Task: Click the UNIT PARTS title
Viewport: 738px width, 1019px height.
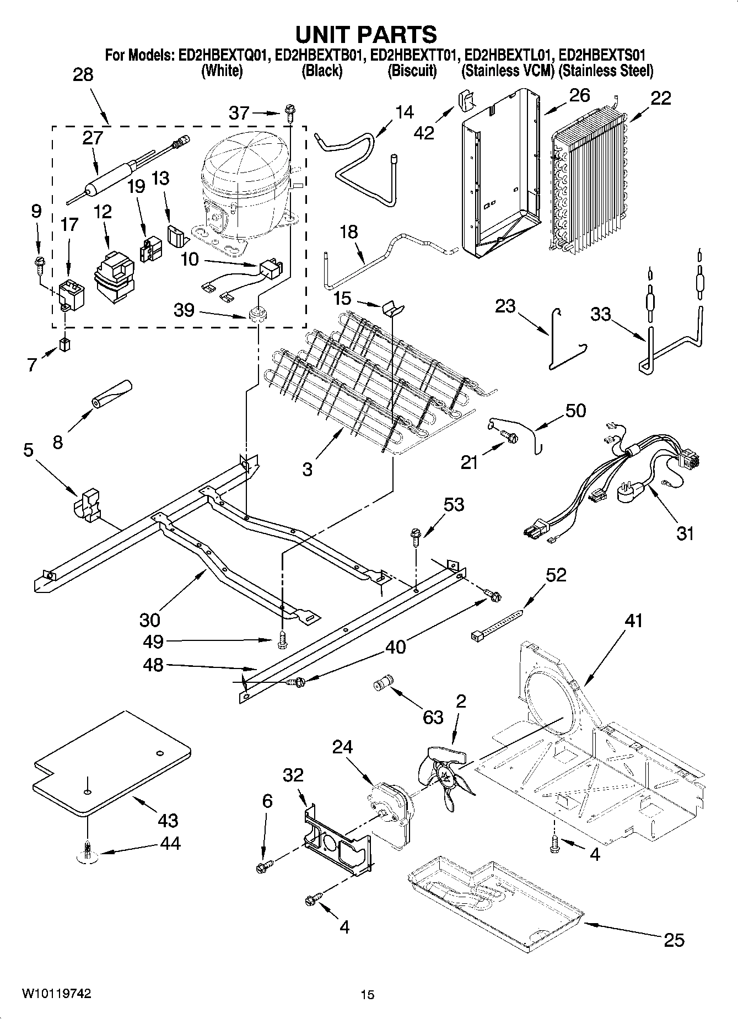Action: click(366, 34)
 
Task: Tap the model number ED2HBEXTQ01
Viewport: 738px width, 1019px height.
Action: click(223, 56)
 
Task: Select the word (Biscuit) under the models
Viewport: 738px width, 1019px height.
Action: click(412, 71)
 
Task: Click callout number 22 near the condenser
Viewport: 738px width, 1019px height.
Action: click(661, 98)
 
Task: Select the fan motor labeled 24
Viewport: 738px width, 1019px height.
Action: click(389, 805)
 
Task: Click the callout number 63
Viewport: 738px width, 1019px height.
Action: click(433, 717)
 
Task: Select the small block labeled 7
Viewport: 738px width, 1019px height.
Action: click(66, 346)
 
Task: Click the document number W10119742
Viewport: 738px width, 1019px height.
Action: click(57, 994)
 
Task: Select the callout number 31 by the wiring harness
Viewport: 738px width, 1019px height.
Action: click(685, 533)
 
